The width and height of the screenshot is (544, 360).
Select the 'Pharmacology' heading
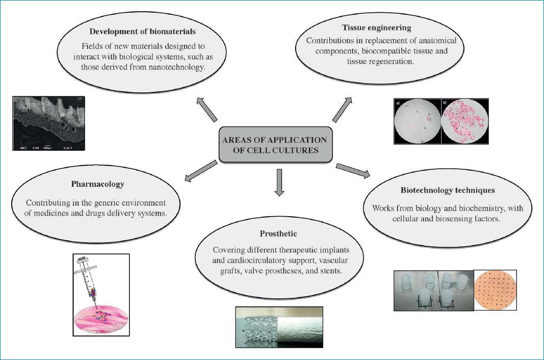pyautogui.click(x=96, y=184)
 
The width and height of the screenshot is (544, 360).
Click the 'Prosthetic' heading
pyautogui.click(x=278, y=234)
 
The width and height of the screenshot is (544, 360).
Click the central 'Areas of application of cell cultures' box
pyautogui.click(x=275, y=144)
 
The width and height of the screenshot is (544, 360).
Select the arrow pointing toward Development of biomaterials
pyautogui.click(x=208, y=109)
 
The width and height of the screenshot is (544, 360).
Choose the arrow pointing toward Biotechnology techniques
pyautogui.click(x=353, y=171)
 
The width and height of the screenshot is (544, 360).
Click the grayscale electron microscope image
pyautogui.click(x=48, y=123)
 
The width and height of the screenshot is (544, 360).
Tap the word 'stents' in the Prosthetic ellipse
pyautogui.click(x=330, y=271)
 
